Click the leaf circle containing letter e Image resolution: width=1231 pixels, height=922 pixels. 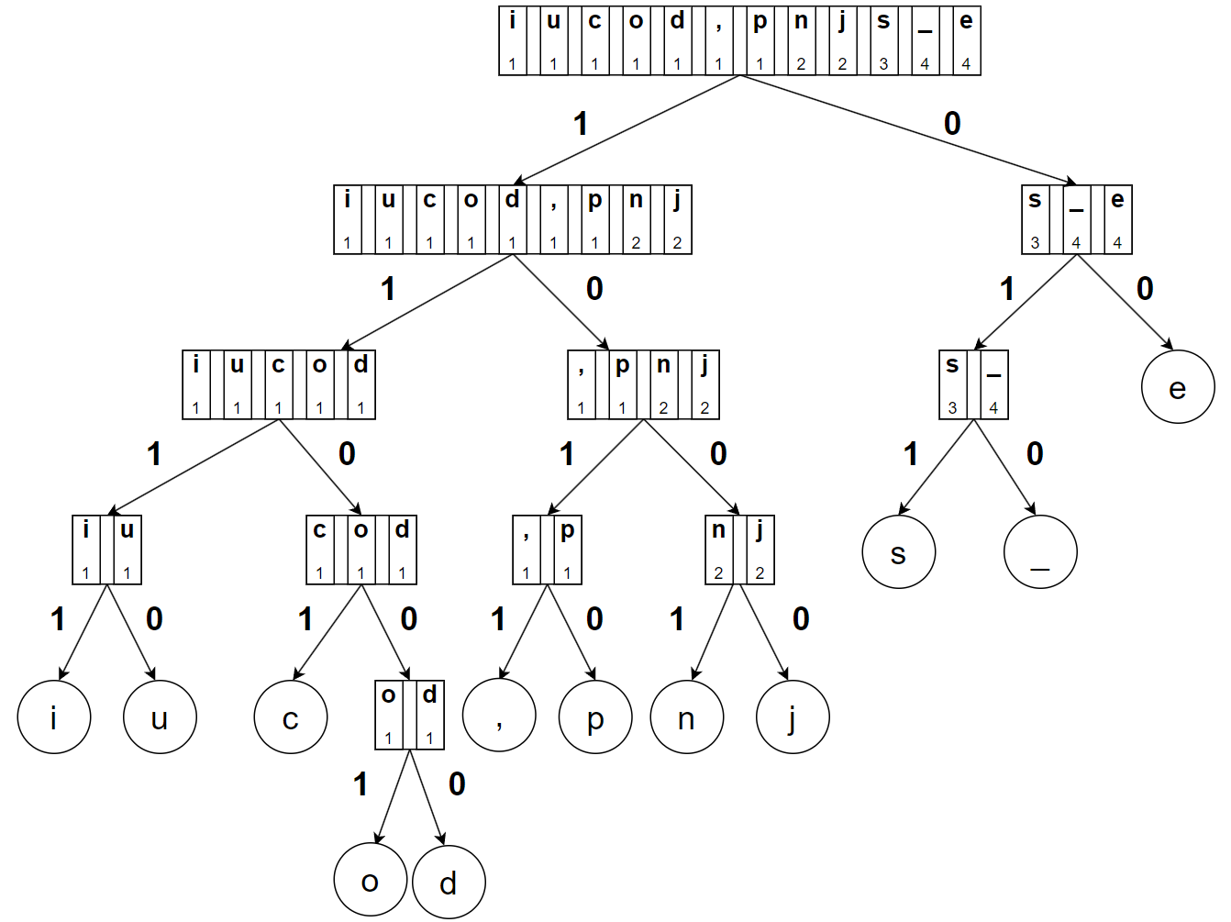(x=1178, y=386)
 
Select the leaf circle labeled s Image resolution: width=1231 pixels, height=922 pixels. (x=898, y=551)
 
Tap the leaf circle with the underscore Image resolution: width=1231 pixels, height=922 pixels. (x=1040, y=551)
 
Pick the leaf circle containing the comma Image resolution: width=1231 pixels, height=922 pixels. (x=499, y=716)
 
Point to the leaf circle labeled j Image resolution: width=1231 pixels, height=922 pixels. (x=793, y=716)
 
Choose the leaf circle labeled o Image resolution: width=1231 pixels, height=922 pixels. (x=370, y=880)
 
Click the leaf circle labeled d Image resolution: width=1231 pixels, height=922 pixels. (x=449, y=882)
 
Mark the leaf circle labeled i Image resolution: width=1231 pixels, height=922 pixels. (x=54, y=716)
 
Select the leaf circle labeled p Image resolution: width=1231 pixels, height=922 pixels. (x=595, y=716)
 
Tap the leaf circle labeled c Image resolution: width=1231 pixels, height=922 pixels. (x=291, y=716)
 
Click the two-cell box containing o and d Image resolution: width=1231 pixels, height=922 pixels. (x=409, y=715)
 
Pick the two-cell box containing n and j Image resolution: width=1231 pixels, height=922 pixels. (x=739, y=550)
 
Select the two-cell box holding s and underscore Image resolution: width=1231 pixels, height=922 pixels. (x=973, y=384)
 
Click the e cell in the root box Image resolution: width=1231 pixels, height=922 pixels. (x=966, y=40)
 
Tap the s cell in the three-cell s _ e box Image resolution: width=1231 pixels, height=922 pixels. (x=1036, y=219)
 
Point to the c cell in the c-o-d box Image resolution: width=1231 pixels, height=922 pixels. (x=319, y=550)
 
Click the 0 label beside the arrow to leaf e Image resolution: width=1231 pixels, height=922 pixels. (x=1145, y=289)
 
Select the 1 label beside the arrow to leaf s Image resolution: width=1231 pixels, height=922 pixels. (x=910, y=454)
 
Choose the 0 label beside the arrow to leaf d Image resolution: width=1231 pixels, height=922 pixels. (x=457, y=784)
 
